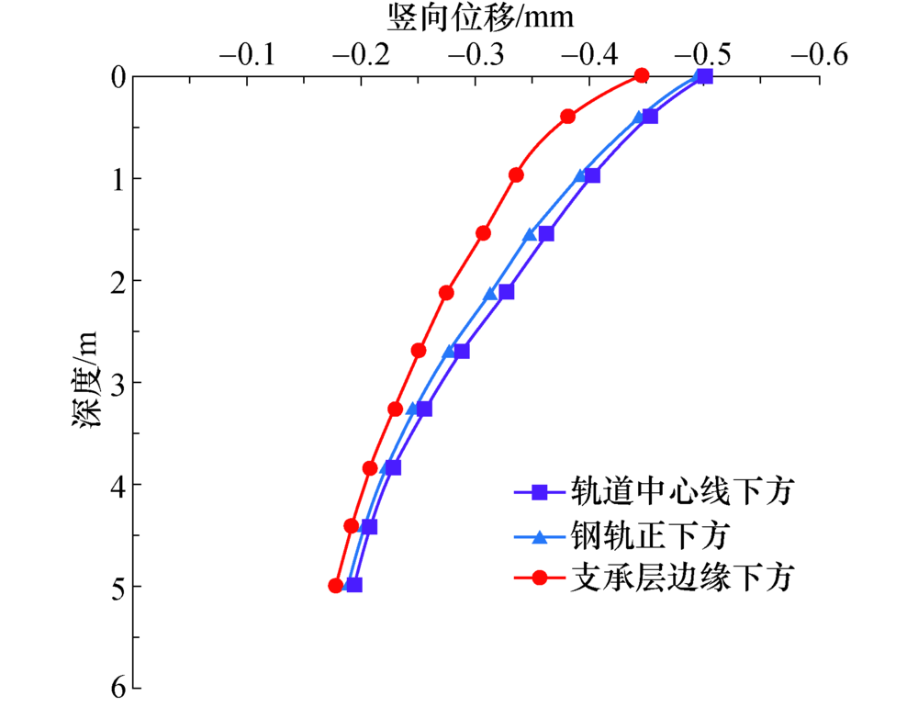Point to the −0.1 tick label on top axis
[247, 54]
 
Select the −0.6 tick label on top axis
[819, 54]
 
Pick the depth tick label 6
[117, 687]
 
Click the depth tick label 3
[117, 381]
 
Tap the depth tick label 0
[117, 76]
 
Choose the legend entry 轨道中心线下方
[680, 493]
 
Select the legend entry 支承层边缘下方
[680, 578]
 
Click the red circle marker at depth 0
[642, 75]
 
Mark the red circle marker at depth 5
[336, 585]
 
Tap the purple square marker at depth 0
[705, 76]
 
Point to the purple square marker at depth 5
[354, 585]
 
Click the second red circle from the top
[567, 117]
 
